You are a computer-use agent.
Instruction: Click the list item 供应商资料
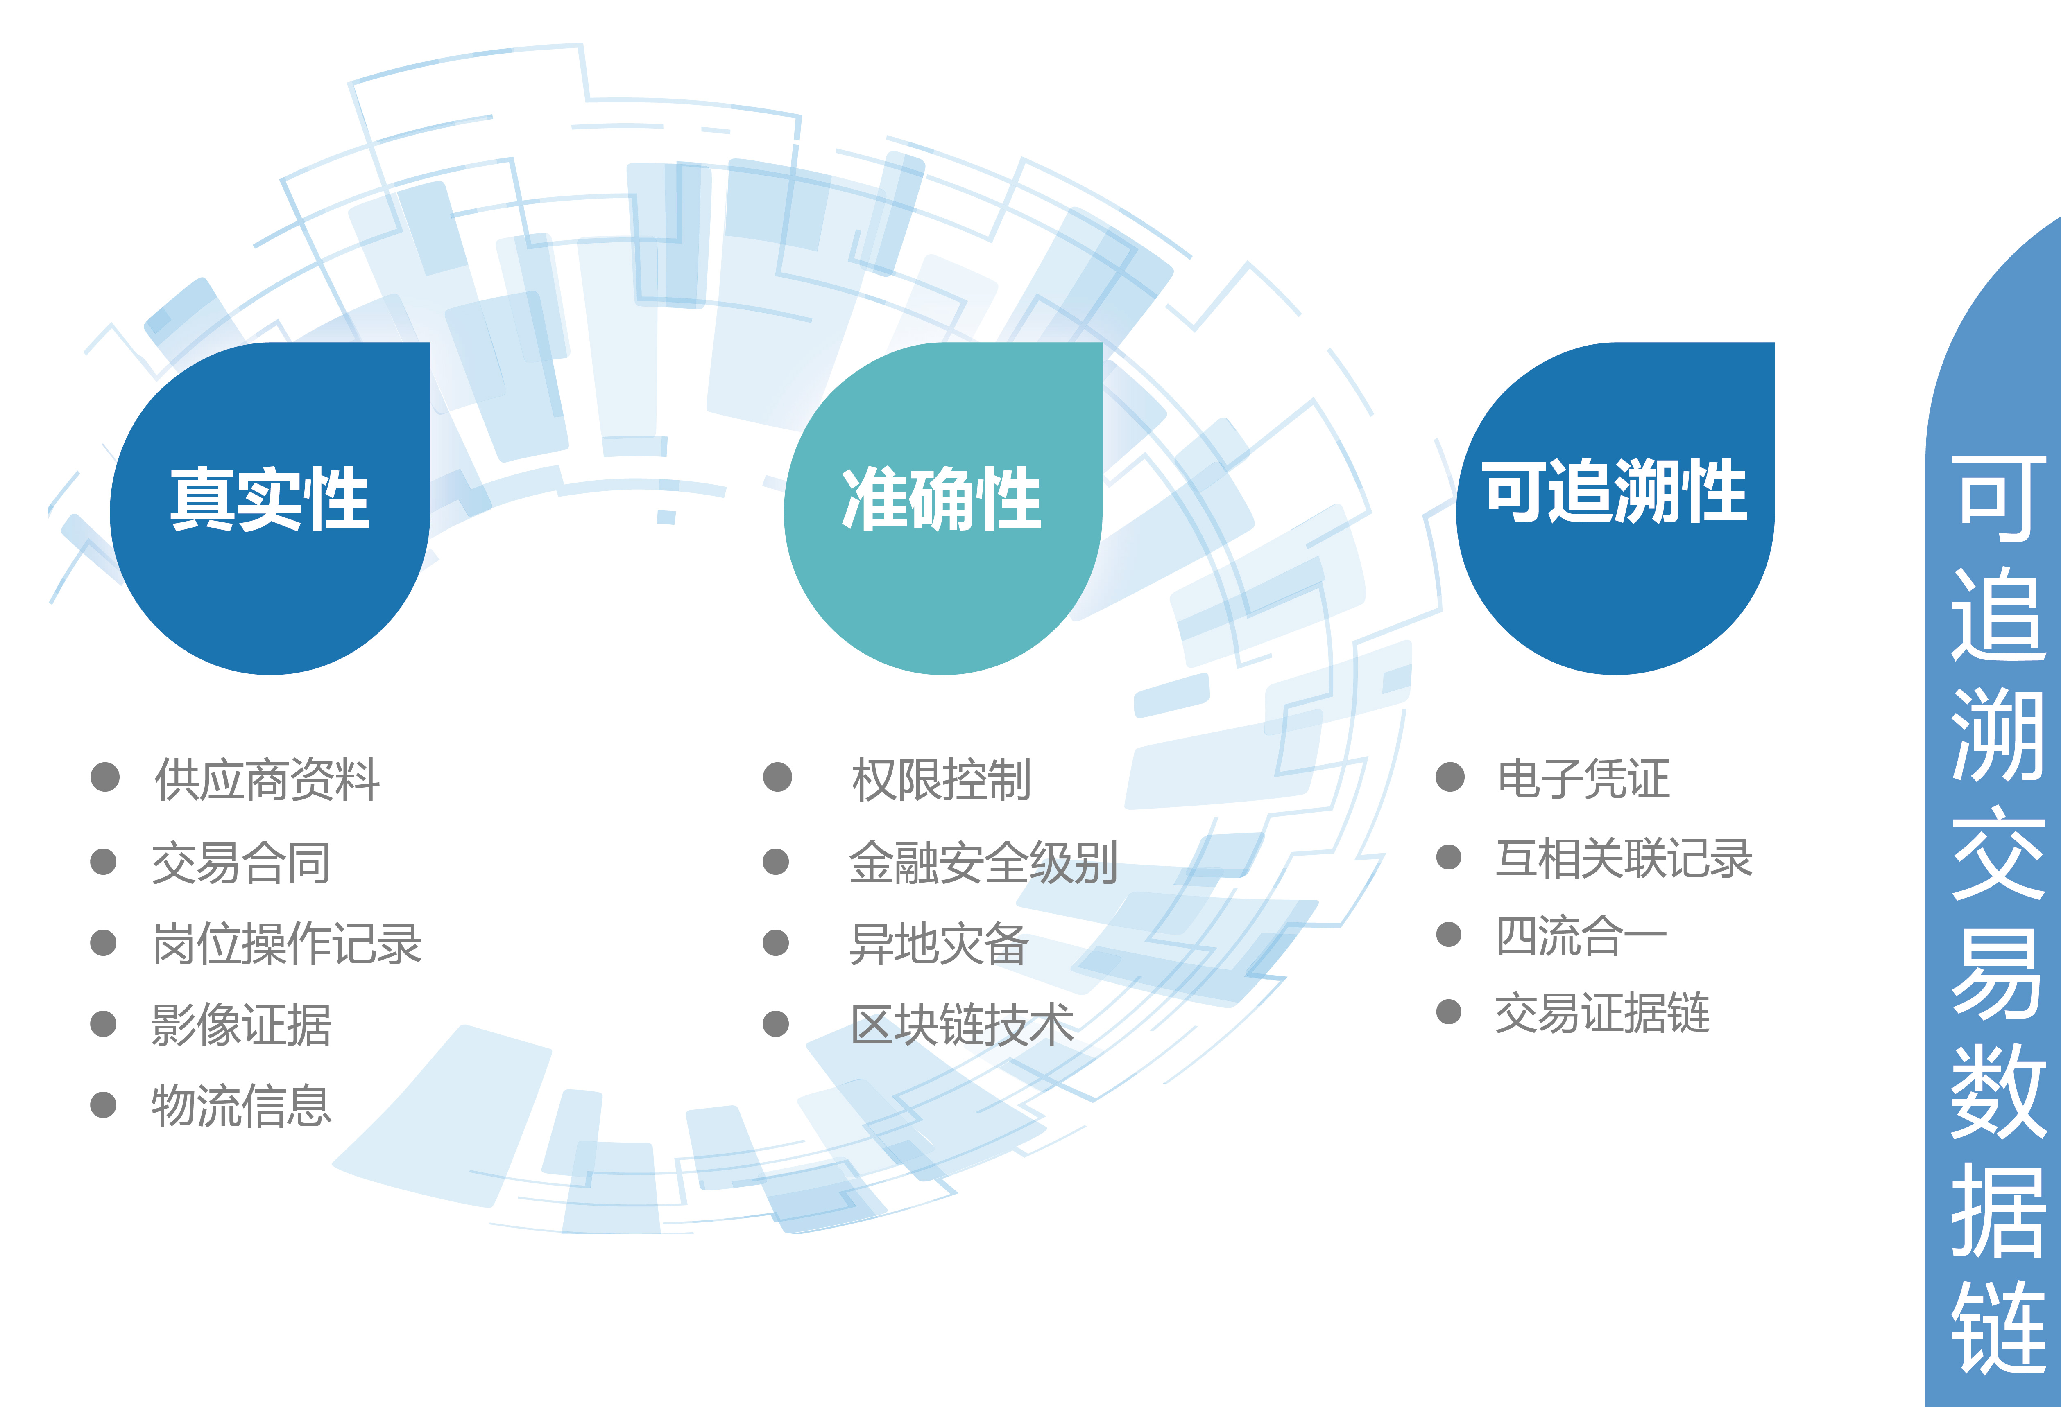click(267, 779)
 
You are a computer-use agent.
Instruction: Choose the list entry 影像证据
click(241, 1025)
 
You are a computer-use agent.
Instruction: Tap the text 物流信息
click(241, 1106)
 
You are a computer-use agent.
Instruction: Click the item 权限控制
click(941, 779)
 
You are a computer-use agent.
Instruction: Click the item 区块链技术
click(962, 1025)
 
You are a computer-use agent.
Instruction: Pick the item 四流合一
click(1581, 935)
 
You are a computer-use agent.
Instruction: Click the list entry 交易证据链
click(1603, 1012)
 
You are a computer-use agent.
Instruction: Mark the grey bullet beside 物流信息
click(104, 1104)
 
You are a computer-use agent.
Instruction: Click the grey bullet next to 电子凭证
click(1450, 777)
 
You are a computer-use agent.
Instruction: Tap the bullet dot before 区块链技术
click(776, 1024)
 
